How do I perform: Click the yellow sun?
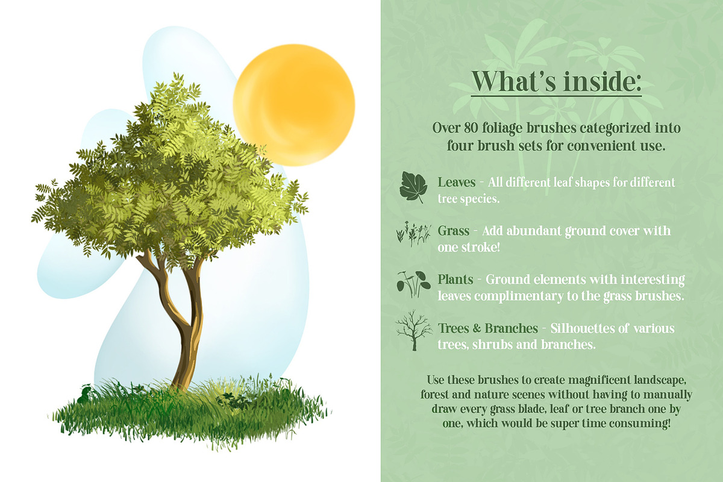[294, 105]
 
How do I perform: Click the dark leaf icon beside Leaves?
[413, 187]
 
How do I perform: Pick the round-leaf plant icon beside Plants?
[413, 283]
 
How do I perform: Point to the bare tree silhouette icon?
[414, 330]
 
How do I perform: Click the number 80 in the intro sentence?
[471, 128]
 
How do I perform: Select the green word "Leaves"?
[457, 183]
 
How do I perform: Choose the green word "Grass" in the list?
[454, 231]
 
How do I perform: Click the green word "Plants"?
[455, 280]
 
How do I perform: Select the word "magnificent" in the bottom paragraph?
[599, 380]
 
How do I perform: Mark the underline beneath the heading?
[556, 96]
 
